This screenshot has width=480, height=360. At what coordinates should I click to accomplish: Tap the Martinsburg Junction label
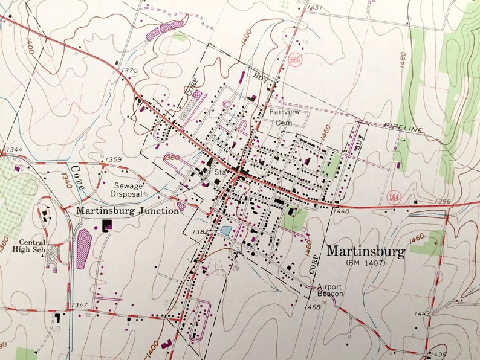point(128,211)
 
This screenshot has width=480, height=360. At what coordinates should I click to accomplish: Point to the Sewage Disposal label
point(126,190)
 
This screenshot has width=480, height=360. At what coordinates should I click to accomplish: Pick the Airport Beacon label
point(329,290)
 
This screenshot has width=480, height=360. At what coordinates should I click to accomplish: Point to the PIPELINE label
point(403,129)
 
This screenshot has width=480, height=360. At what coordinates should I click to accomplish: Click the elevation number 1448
point(341,211)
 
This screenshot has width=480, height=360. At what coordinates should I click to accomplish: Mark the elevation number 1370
point(129,71)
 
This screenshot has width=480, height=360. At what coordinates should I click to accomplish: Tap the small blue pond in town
point(226,230)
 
